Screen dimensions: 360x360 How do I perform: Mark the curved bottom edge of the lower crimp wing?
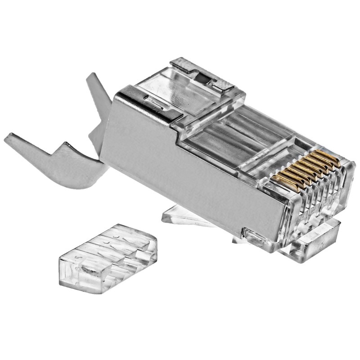(x=76, y=182)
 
